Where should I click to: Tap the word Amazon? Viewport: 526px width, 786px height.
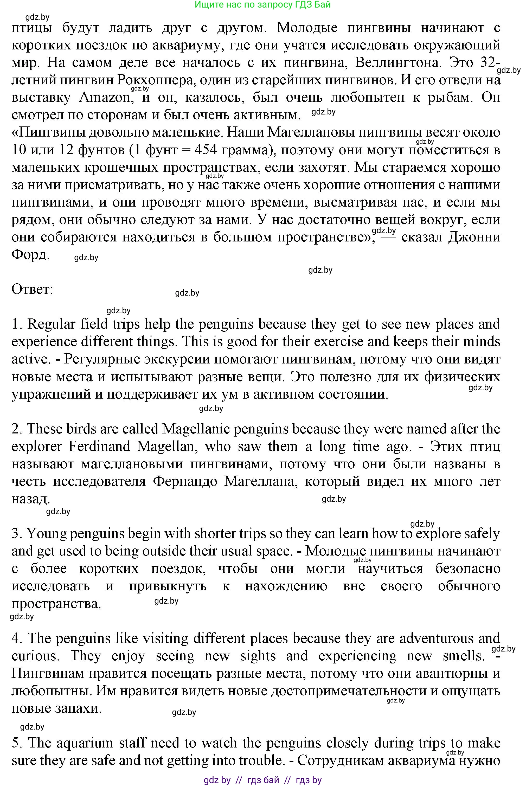click(105, 98)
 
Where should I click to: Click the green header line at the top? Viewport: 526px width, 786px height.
click(263, 5)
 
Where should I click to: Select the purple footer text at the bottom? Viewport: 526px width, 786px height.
click(263, 780)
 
